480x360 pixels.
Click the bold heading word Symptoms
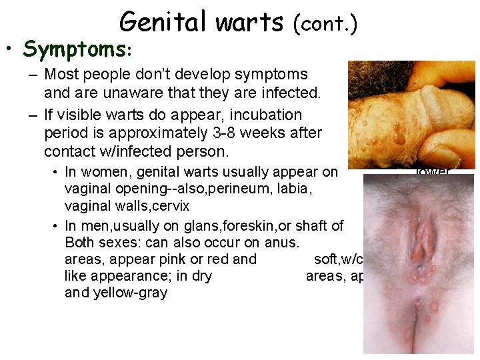[77, 49]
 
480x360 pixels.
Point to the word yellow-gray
[127, 293]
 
